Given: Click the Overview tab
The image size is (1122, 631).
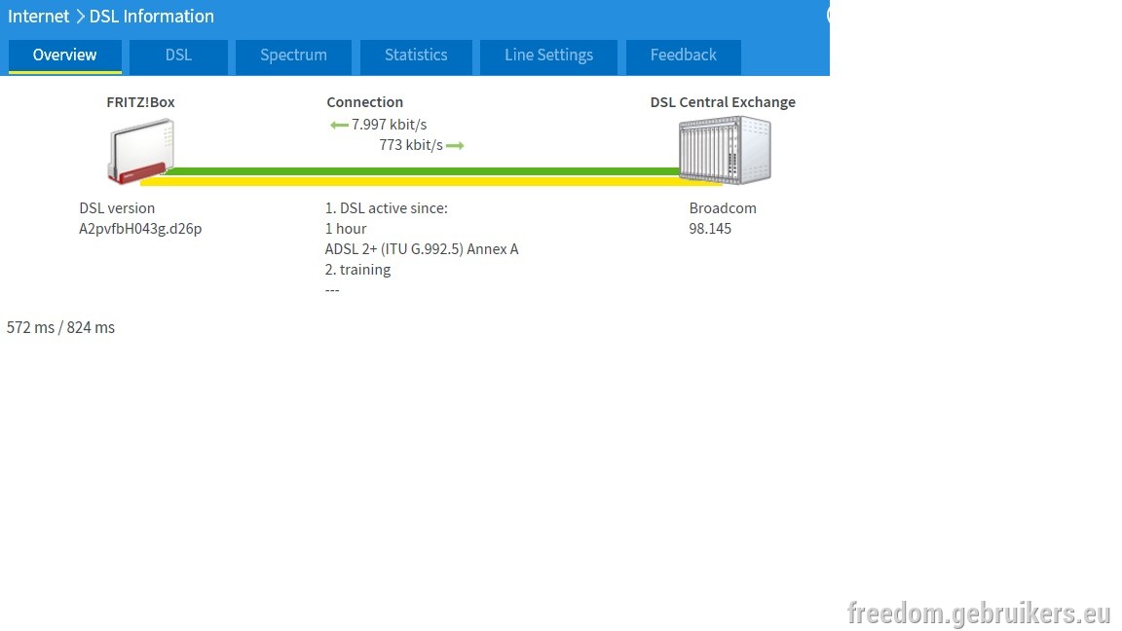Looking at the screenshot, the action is click(64, 56).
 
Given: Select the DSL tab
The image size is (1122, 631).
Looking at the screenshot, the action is click(178, 56).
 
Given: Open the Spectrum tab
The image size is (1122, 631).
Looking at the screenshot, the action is click(293, 56).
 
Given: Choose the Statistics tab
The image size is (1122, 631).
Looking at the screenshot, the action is click(416, 56).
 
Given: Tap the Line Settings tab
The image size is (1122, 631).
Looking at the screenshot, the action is click(549, 56).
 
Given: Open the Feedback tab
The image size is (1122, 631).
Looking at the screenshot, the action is click(684, 56).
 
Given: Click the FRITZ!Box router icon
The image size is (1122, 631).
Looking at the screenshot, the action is click(141, 151).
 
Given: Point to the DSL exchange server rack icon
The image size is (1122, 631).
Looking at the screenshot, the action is click(725, 150).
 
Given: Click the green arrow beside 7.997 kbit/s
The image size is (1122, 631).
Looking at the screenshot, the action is click(339, 126).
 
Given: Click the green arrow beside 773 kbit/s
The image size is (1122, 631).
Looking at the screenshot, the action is click(455, 146).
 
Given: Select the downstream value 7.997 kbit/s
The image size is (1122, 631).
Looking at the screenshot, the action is click(390, 125).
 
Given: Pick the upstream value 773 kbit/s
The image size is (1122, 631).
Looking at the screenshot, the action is click(411, 145).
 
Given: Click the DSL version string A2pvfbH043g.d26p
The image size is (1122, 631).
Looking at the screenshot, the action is click(140, 229).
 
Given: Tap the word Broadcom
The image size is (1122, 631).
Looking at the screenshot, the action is click(723, 208).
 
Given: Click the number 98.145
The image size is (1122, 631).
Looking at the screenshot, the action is click(710, 229).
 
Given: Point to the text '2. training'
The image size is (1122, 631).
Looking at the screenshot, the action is click(357, 270).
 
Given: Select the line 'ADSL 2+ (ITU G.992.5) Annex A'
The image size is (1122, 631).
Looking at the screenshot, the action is click(422, 249).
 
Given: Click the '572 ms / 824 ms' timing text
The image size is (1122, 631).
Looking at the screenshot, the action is click(60, 327).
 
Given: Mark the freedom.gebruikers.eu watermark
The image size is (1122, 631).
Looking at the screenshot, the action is click(979, 613).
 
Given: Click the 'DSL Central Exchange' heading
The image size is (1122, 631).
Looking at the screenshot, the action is click(723, 102).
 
